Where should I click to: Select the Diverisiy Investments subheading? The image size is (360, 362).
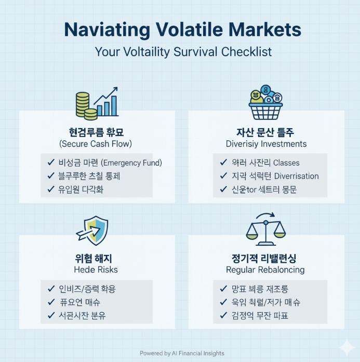tap(266, 143)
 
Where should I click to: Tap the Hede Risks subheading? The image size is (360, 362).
tap(96, 270)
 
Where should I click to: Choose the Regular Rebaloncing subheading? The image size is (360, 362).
tap(265, 270)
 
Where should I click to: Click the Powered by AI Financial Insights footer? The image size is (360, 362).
tap(182, 353)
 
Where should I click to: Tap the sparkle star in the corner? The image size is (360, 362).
tap(344, 347)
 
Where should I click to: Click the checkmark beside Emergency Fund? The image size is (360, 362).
tap(51, 163)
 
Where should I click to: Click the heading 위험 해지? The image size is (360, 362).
tap(96, 258)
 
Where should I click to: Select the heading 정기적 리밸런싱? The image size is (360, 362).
tap(265, 258)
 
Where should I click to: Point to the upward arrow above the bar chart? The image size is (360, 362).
tap(109, 95)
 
